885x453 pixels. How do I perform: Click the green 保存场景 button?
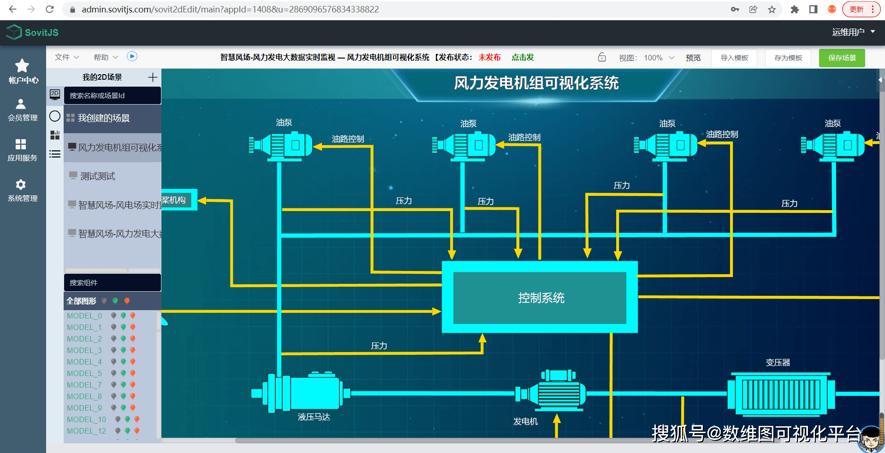842,58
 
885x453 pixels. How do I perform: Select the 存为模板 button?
788,58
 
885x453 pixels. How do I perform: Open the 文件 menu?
66,57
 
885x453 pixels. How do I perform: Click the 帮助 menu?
105,57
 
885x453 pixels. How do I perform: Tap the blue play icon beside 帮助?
132,56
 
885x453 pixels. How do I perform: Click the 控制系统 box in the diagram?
540,298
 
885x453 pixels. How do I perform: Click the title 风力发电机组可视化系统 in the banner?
536,83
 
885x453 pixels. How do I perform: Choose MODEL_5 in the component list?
84,373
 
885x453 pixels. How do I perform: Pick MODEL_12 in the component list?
86,431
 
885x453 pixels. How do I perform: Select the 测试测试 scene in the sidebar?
97,176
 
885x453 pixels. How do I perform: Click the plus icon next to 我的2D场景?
153,77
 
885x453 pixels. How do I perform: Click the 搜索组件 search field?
113,282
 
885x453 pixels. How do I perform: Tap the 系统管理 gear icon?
21,185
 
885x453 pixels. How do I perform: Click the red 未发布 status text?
489,57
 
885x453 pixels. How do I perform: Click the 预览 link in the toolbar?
693,58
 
